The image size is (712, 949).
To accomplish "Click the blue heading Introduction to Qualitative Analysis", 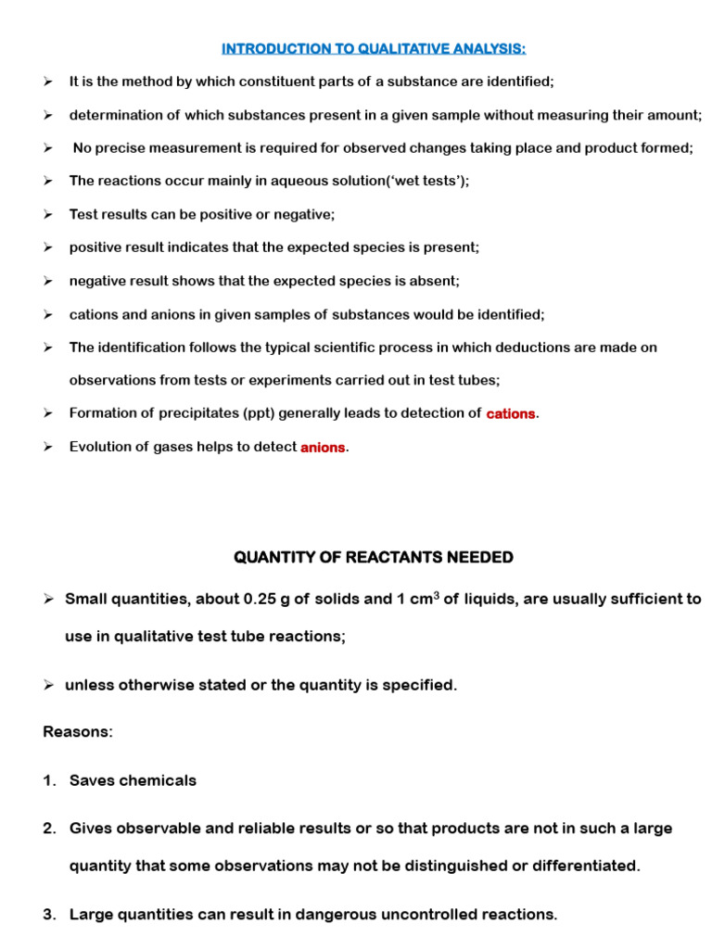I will [x=374, y=48].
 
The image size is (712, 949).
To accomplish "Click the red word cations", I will [x=511, y=413].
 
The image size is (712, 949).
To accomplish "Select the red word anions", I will [x=323, y=447].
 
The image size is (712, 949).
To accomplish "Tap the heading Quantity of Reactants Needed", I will [x=374, y=557].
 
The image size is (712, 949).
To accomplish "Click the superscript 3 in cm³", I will [x=436, y=594].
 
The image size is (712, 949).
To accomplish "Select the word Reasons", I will [x=77, y=732].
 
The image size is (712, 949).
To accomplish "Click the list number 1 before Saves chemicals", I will [x=49, y=780].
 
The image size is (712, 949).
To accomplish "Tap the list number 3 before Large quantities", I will [x=49, y=915].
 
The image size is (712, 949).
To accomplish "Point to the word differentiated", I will [x=581, y=866].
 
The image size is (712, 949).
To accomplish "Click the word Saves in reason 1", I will [x=91, y=780].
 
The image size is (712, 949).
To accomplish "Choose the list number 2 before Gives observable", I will [x=49, y=828].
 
